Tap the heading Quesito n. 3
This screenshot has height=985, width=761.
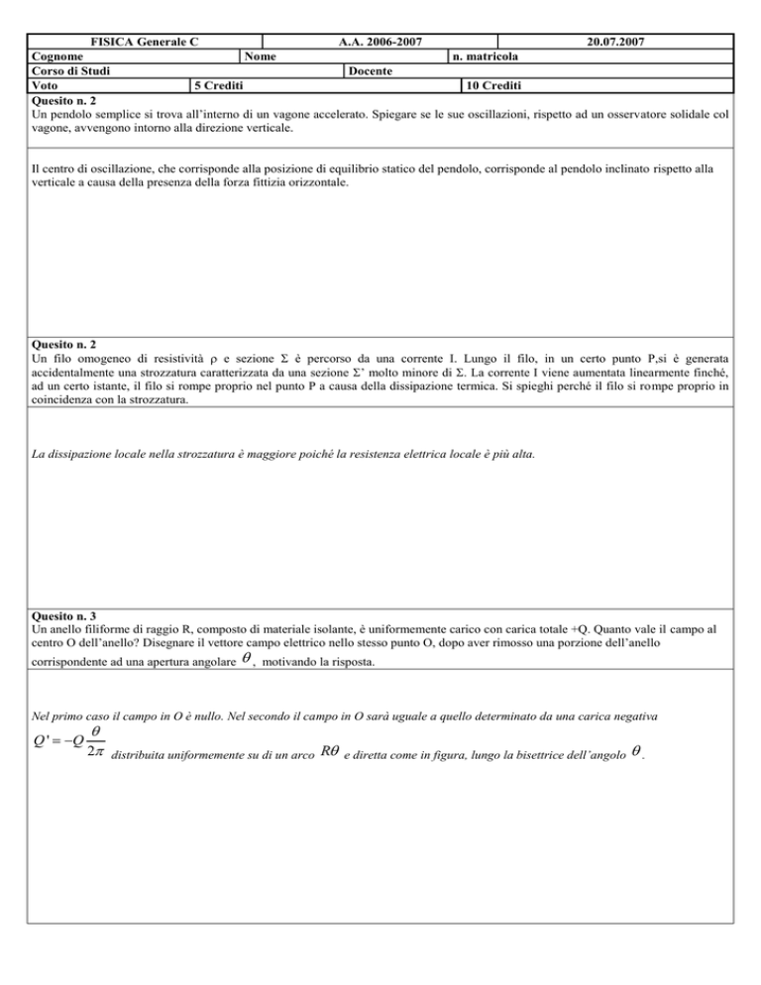coord(69,613)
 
